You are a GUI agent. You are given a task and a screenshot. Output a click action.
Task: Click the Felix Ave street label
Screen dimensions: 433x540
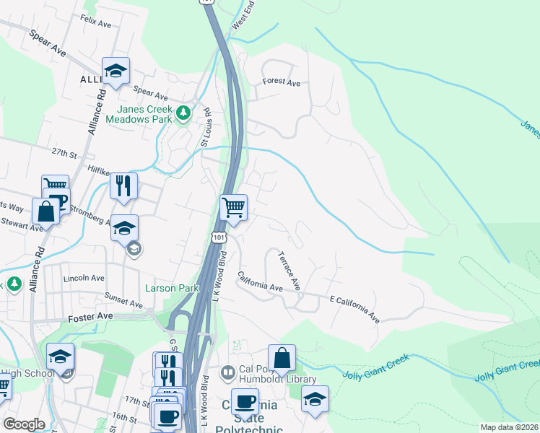[x=96, y=22]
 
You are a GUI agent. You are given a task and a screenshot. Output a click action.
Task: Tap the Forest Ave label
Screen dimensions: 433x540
[x=282, y=83]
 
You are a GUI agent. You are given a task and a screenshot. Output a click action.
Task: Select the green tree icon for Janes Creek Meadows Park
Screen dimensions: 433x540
[x=183, y=113]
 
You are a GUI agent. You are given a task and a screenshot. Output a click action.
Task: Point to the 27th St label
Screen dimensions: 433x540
[x=64, y=154]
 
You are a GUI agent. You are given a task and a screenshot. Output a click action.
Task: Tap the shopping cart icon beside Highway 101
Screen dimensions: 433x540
[x=233, y=207]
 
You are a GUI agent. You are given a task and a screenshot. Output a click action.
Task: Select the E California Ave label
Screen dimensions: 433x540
[x=354, y=308]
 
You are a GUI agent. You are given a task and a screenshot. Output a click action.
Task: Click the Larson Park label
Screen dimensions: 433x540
[x=172, y=288]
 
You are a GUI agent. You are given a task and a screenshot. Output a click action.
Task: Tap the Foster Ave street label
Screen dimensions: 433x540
[x=90, y=316]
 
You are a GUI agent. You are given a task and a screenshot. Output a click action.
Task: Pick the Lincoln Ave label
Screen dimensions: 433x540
[x=84, y=278]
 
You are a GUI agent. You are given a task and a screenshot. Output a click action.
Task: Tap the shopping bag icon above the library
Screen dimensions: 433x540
[x=282, y=357]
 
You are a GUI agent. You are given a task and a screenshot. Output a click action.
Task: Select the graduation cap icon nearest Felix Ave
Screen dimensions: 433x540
[x=116, y=70]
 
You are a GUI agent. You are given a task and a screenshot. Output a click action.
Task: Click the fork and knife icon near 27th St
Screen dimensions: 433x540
[x=123, y=185]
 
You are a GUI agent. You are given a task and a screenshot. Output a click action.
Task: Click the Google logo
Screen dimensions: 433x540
[x=25, y=424]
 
